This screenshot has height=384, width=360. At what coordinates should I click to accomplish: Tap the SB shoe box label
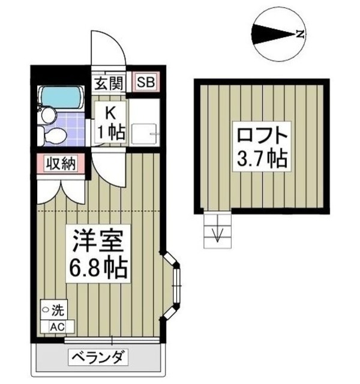(x=143, y=82)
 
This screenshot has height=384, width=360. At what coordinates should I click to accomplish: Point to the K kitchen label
(x=111, y=112)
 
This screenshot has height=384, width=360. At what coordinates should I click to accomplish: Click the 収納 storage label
(x=60, y=163)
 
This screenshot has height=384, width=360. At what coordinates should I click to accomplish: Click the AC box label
(x=57, y=326)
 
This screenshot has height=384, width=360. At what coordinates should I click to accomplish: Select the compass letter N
(x=301, y=34)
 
